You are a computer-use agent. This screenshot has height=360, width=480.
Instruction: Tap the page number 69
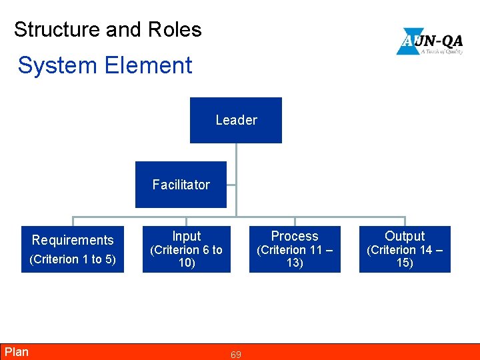point(236,355)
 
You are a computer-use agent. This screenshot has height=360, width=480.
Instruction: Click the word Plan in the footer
point(17,352)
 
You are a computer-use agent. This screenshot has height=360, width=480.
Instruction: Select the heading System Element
point(105,65)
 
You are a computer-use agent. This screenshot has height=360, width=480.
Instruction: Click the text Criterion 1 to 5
point(73,259)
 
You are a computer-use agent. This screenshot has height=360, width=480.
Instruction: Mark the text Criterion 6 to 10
point(186,256)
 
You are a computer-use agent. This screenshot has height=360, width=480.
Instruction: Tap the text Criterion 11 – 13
point(295,256)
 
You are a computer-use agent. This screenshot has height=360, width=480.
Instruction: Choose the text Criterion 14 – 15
point(405,256)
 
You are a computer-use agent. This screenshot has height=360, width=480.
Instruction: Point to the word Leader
point(236,120)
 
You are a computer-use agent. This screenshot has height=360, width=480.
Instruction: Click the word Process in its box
point(295,236)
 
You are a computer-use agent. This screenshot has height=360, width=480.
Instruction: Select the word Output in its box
point(405,236)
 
